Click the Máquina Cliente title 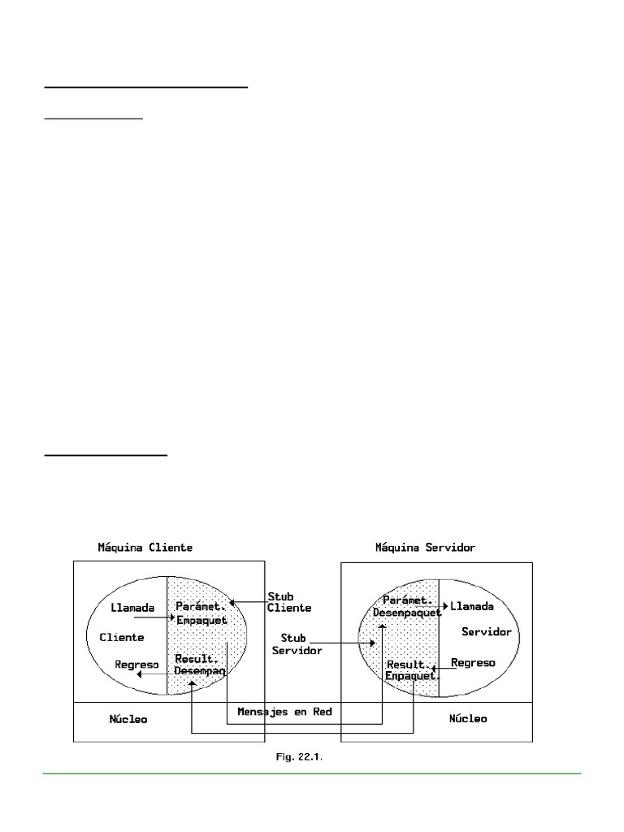click(145, 548)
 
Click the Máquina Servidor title click(425, 548)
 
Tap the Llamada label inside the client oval click(132, 608)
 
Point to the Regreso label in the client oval click(136, 664)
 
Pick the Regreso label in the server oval click(473, 663)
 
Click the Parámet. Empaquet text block click(201, 614)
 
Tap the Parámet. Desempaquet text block click(406, 607)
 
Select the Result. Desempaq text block click(200, 665)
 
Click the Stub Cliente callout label click(288, 602)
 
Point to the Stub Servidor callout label click(297, 644)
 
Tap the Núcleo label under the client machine click(128, 719)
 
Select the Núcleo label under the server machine click(468, 719)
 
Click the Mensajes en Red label click(284, 712)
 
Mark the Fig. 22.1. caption click(300, 757)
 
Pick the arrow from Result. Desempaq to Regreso click(154, 674)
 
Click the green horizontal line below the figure click(312, 774)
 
